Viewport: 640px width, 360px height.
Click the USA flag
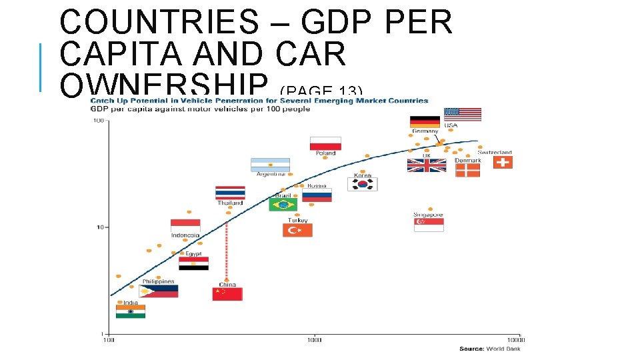(x=462, y=115)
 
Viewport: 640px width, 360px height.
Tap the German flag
(x=424, y=121)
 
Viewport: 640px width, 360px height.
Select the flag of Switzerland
(x=503, y=162)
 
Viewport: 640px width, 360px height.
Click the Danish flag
(x=467, y=170)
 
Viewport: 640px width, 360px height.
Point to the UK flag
(x=427, y=165)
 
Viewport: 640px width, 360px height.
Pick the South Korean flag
(x=365, y=184)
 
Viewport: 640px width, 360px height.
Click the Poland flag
(x=325, y=143)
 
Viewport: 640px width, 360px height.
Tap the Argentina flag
(x=270, y=165)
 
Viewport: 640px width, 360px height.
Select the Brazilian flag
(x=283, y=205)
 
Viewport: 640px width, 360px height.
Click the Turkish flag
(x=297, y=230)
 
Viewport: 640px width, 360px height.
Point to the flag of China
(x=227, y=294)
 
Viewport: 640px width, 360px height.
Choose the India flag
(x=130, y=311)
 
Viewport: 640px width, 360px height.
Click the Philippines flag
(x=158, y=291)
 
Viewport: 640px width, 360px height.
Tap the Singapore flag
(x=429, y=225)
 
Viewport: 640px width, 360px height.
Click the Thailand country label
(x=230, y=203)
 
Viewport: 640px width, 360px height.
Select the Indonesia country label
(x=185, y=235)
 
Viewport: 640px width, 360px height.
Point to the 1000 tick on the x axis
(x=314, y=340)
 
